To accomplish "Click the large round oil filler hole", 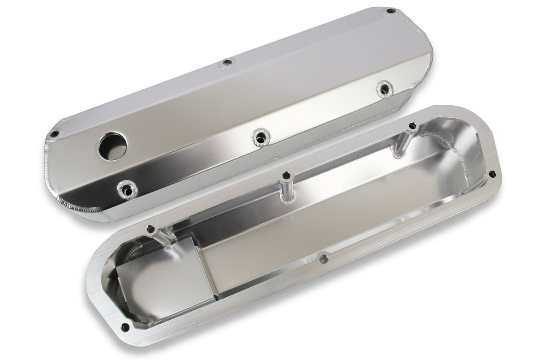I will (x=112, y=146).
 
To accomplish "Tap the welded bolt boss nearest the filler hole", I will (x=128, y=190).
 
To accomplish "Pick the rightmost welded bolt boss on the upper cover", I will (x=384, y=88).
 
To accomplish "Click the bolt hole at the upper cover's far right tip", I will (x=390, y=11).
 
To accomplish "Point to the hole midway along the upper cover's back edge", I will (x=227, y=63).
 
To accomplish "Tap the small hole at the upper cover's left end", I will (x=54, y=133).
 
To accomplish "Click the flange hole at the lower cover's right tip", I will (x=492, y=174).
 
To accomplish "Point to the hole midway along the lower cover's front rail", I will (x=323, y=258).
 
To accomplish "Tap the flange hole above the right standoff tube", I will (x=412, y=126).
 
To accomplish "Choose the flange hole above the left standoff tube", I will (x=151, y=228).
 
